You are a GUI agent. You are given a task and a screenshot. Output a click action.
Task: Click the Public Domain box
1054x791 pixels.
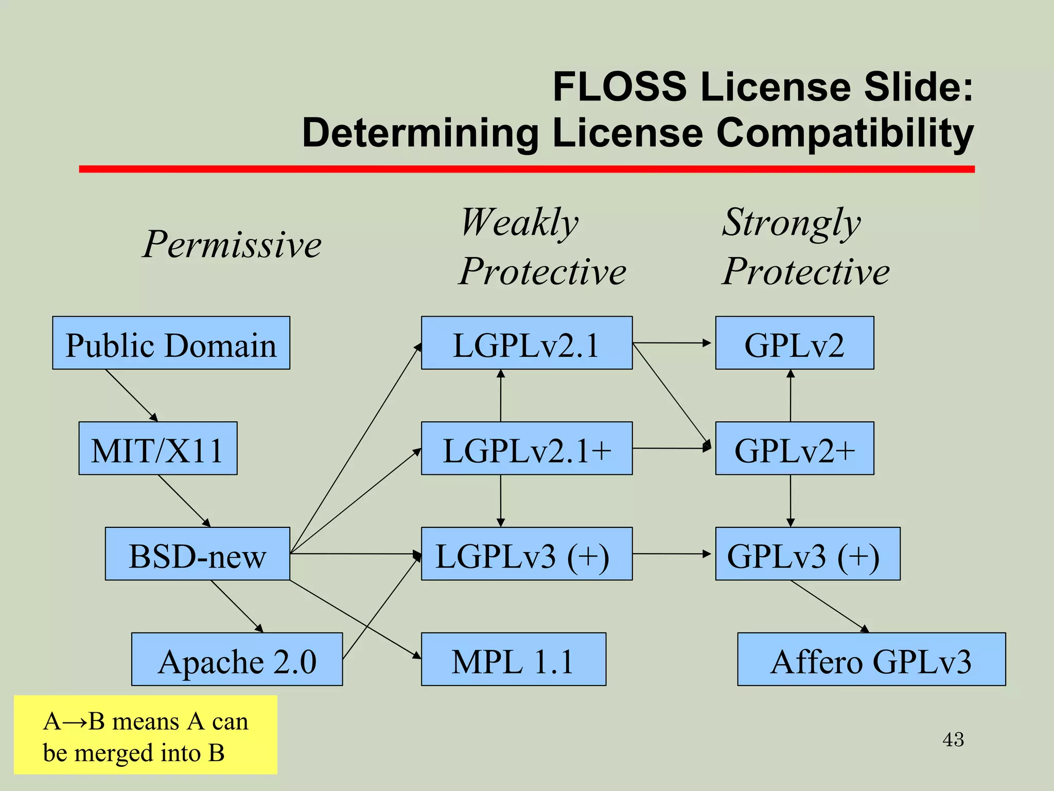[x=171, y=343]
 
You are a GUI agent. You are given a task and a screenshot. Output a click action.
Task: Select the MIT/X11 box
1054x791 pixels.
[x=157, y=449]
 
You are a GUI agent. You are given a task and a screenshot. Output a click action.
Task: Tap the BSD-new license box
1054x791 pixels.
[x=197, y=554]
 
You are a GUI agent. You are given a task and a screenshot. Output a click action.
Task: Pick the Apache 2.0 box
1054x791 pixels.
[x=237, y=660]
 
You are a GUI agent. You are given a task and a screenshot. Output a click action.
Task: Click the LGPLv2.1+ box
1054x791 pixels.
[x=526, y=449]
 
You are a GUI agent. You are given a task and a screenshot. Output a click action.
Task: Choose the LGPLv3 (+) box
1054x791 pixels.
[x=526, y=554]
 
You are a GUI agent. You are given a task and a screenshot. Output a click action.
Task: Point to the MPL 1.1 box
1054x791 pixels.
[x=513, y=660]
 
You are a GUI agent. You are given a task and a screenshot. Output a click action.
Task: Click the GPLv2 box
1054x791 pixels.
[x=794, y=343]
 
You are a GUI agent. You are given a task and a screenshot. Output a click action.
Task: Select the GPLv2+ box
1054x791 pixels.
[x=794, y=449]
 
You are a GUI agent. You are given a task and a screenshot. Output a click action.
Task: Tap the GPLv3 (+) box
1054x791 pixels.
[x=807, y=554]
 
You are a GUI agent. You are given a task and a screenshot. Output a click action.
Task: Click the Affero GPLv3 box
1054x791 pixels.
[x=871, y=660]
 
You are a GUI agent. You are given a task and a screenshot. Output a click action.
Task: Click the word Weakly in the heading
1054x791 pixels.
[x=520, y=222]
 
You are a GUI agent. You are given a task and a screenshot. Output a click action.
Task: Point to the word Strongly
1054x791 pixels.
[x=791, y=222]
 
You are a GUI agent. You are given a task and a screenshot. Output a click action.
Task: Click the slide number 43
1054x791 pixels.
[x=953, y=740]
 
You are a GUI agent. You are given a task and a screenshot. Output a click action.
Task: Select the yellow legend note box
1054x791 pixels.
[x=145, y=735]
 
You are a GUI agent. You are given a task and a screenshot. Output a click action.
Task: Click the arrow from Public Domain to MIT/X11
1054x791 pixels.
[x=131, y=395]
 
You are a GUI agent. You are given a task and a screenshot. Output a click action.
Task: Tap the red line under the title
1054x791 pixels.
[x=526, y=169]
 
